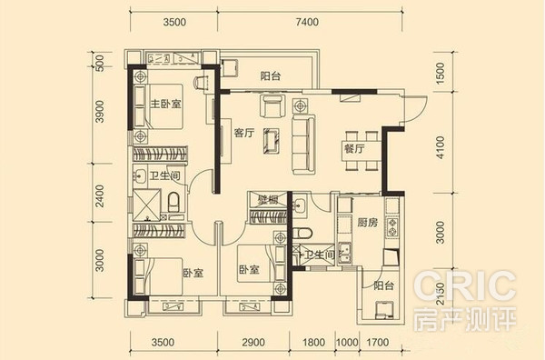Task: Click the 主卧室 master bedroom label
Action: (165, 104)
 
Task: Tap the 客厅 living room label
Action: (244, 134)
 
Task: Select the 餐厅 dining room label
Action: (354, 149)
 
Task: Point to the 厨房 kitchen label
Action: (367, 222)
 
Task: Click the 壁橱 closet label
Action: (268, 200)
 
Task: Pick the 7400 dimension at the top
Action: (307, 22)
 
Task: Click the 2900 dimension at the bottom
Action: (253, 342)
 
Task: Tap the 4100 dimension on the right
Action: (440, 147)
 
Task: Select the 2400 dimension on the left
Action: (100, 195)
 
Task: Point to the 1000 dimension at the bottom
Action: (347, 342)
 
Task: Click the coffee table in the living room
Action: (271, 141)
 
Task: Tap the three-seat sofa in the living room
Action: (303, 145)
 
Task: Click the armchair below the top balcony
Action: (272, 105)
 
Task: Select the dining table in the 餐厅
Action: (362, 151)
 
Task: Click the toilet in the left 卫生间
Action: (173, 202)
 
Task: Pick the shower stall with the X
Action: (146, 205)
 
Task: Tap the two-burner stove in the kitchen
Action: (392, 227)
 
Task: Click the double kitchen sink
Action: (345, 254)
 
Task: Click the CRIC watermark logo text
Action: (464, 286)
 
